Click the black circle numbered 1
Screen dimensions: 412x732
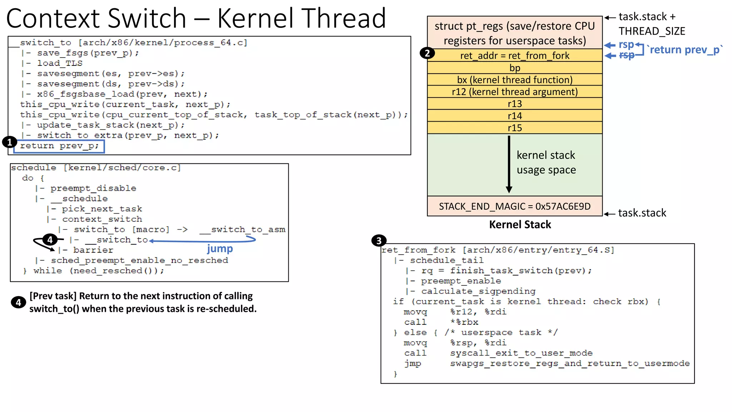9,142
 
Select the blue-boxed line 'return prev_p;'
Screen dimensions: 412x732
59,146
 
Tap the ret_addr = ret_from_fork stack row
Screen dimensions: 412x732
514,55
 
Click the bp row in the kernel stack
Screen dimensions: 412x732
514,68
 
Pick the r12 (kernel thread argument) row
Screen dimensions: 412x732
514,92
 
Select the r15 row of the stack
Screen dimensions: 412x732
514,128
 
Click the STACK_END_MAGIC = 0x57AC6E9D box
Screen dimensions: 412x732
514,206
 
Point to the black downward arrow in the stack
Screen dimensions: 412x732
509,165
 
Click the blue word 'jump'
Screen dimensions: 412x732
220,249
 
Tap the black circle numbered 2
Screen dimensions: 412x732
427,53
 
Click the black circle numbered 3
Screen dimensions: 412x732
379,241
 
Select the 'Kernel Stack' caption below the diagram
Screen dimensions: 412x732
520,225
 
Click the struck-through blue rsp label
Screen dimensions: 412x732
627,55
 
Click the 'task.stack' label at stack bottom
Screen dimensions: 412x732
642,213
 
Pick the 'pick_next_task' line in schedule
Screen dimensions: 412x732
102,209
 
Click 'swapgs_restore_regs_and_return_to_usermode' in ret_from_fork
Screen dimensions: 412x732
570,363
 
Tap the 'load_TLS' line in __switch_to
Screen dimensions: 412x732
60,63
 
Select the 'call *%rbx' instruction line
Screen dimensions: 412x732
441,322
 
